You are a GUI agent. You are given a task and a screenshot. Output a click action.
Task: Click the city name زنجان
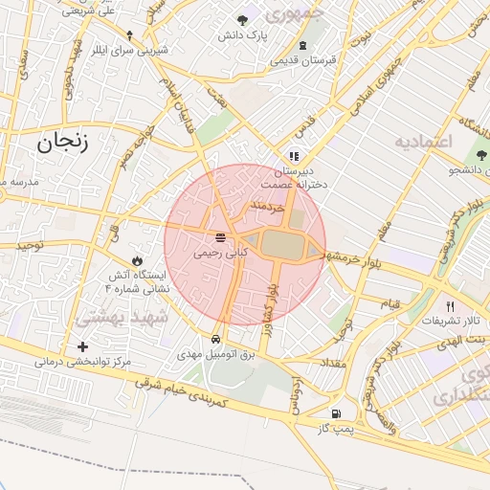click(x=63, y=144)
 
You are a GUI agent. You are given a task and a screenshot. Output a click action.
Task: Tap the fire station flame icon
click(x=137, y=260)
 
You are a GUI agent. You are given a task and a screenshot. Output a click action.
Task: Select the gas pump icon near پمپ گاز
click(x=335, y=413)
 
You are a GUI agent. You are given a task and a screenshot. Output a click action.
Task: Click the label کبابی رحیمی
click(x=221, y=255)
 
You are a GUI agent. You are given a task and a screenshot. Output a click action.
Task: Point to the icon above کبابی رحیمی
click(x=221, y=237)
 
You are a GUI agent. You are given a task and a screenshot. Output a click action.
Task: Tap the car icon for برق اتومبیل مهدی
click(x=218, y=340)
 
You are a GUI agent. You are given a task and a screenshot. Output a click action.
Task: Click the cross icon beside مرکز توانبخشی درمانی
click(x=82, y=346)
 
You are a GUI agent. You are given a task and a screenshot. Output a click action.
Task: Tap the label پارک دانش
click(x=239, y=34)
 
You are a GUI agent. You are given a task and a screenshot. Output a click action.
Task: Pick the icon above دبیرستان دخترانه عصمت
click(x=293, y=154)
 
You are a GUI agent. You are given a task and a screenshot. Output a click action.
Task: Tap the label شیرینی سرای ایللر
click(x=132, y=50)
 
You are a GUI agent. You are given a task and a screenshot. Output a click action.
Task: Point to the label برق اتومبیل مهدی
click(x=217, y=354)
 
